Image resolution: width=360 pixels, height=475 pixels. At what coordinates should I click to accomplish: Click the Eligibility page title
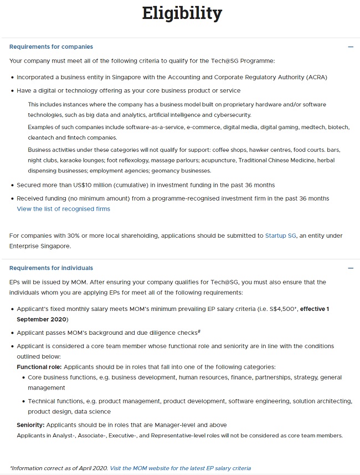(x=182, y=13)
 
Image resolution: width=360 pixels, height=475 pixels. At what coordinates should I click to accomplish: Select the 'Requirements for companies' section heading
(x=51, y=47)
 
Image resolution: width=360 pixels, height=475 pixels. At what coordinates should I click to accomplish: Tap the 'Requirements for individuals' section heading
(x=51, y=268)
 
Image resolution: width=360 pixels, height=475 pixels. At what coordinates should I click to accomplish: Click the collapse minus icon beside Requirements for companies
(x=350, y=47)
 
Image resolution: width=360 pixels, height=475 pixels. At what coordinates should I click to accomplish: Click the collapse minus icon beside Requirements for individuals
(x=350, y=268)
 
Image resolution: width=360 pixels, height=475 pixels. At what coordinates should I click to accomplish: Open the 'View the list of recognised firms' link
(x=64, y=209)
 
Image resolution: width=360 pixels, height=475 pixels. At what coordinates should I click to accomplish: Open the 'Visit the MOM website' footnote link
(x=180, y=468)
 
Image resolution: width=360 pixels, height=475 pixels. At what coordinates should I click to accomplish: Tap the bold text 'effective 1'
(x=312, y=309)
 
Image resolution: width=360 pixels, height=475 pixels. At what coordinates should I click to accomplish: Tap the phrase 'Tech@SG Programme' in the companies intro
(x=244, y=60)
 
